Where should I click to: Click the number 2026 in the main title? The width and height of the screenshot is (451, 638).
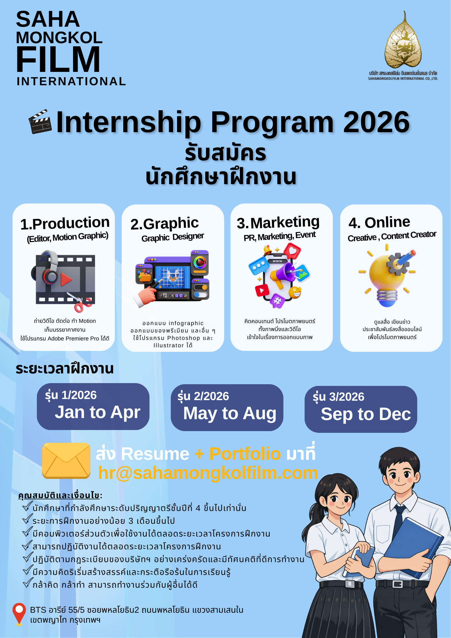tap(376, 122)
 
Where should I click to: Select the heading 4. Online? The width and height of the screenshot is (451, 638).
tap(379, 222)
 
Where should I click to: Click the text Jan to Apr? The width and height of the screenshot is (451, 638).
tap(97, 412)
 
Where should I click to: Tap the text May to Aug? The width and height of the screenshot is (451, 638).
tap(230, 413)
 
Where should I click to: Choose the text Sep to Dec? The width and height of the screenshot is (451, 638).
tap(366, 414)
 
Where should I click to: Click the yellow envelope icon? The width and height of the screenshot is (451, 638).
tap(66, 461)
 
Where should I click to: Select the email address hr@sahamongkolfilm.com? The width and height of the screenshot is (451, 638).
tap(208, 473)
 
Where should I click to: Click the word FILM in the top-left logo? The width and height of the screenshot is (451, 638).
tap(58, 59)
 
